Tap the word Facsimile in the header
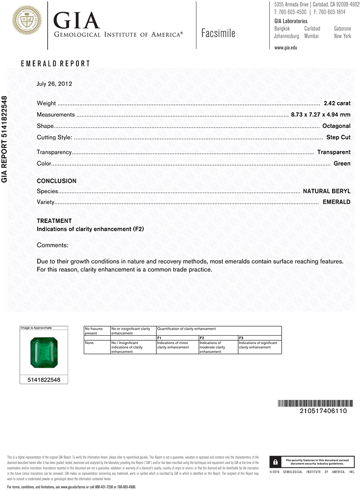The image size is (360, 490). click(218, 33)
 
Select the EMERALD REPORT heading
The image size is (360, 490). click(55, 64)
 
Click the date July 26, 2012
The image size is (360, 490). click(54, 84)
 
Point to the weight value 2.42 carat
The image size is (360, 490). click(337, 103)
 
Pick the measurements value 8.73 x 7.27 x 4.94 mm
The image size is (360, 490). click(320, 115)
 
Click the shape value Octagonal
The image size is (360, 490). click(336, 126)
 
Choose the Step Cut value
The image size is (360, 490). click(338, 137)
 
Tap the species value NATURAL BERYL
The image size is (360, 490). click(327, 191)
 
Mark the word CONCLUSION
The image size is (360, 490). click(56, 181)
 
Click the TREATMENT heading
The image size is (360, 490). click(54, 221)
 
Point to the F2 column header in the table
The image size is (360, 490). click(202, 338)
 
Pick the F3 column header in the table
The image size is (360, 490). click(241, 338)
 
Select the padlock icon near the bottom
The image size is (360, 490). click(276, 462)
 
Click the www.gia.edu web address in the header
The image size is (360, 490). click(286, 48)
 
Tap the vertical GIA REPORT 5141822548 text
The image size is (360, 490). click(5, 139)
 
